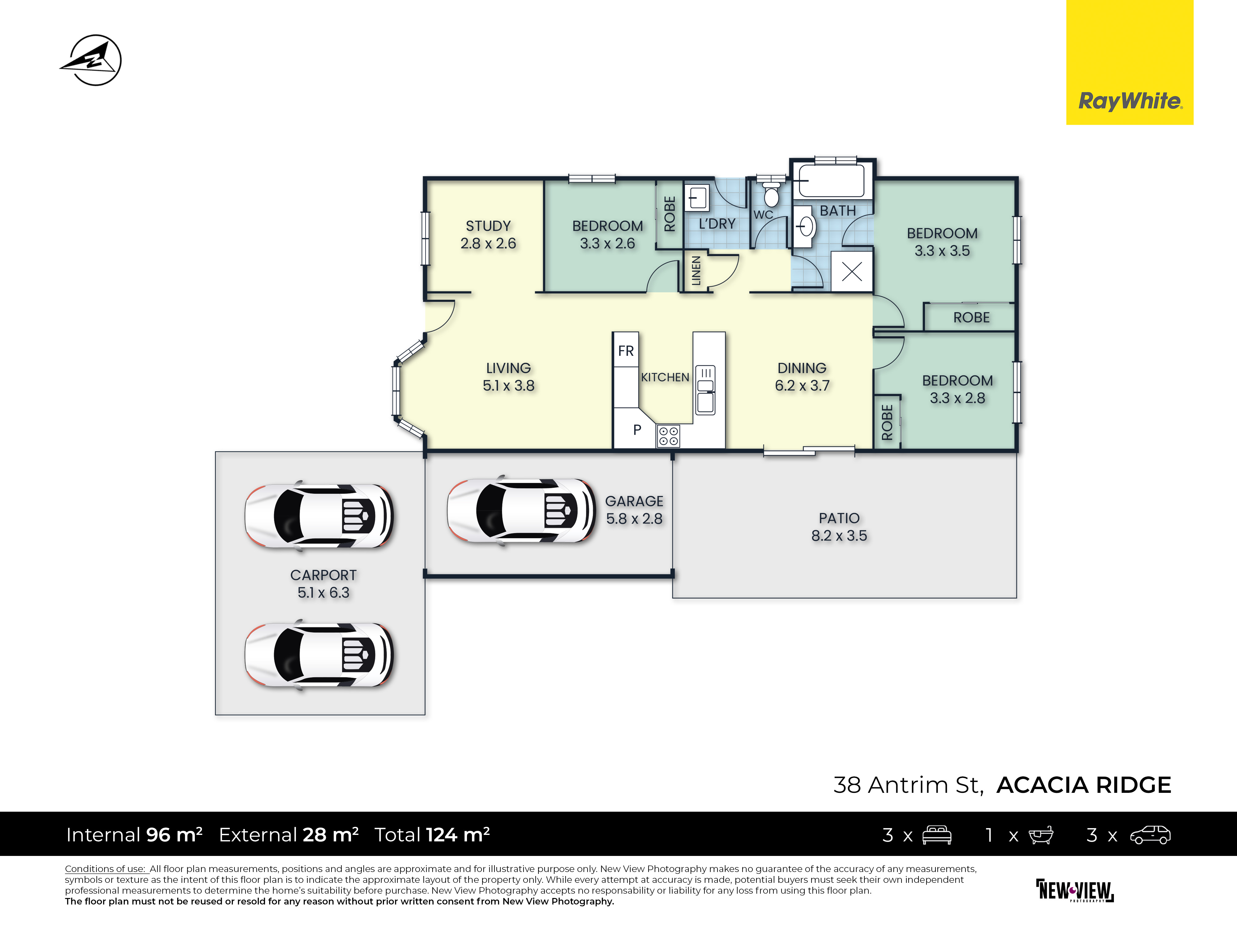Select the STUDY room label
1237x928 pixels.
coord(488,226)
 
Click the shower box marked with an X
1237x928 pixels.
coord(852,272)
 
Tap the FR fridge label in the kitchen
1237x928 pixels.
coord(626,351)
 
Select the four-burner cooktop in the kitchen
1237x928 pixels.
coord(668,436)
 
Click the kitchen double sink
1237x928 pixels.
coord(705,390)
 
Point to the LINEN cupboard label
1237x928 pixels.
coord(696,271)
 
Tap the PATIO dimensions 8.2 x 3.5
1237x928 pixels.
coord(839,536)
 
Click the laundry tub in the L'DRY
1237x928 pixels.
coord(697,197)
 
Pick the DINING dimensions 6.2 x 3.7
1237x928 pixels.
coord(802,385)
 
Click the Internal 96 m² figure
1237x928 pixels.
coord(134,835)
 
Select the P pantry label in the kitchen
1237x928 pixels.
coord(637,430)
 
